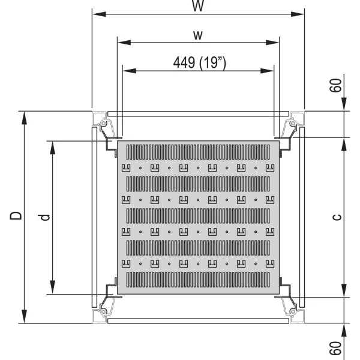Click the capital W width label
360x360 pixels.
point(197,6)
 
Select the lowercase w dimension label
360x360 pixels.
point(197,35)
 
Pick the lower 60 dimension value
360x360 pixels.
point(337,349)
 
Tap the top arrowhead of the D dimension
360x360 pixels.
point(24,116)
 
